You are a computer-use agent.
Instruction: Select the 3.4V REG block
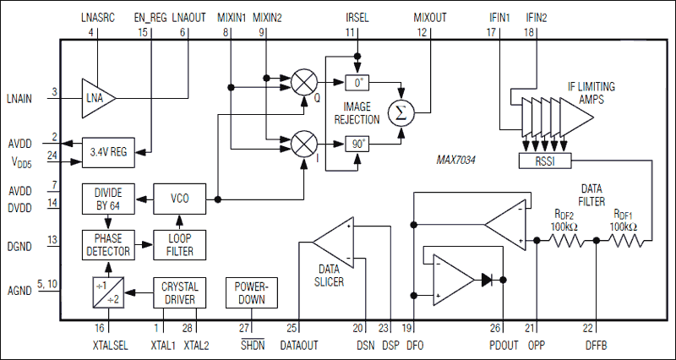[x=108, y=152]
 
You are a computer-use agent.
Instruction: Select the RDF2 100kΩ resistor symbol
[x=566, y=241]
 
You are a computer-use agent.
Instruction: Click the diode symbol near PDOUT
[x=489, y=278]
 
